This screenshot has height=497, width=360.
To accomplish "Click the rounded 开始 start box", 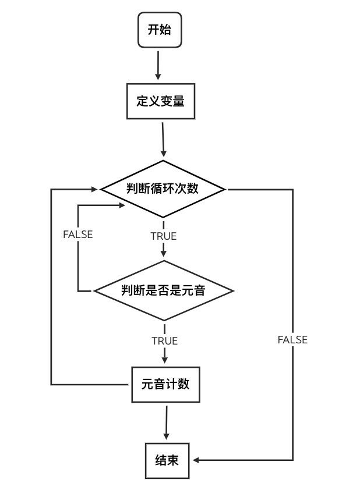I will (x=160, y=30).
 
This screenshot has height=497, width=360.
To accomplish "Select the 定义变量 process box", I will (x=161, y=101).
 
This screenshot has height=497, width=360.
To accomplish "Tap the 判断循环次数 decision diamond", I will (x=163, y=189).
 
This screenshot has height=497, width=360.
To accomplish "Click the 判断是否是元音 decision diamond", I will (x=164, y=290).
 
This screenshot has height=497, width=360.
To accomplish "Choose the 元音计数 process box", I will (x=165, y=384).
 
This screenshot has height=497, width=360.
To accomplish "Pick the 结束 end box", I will (x=167, y=460).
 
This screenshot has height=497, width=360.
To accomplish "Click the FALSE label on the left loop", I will (x=78, y=235).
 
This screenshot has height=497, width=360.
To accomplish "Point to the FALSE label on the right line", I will (x=292, y=340).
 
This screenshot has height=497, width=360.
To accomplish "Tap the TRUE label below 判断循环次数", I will (x=163, y=236).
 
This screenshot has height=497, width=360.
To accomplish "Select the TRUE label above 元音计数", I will (x=164, y=341).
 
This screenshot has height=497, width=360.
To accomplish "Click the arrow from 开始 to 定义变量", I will (x=158, y=65).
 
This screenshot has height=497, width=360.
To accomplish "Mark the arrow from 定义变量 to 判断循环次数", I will (x=163, y=140).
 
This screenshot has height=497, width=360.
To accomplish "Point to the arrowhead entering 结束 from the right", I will (x=197, y=460).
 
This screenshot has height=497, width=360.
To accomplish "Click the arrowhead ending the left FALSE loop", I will (x=122, y=205).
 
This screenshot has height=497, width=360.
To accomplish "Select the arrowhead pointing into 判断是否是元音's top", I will (x=164, y=253).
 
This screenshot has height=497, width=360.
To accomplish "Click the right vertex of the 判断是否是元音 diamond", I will (x=233, y=290).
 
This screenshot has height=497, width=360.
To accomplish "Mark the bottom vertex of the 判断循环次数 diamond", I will (x=163, y=218).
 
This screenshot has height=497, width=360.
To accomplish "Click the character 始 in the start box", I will (x=166, y=30).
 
